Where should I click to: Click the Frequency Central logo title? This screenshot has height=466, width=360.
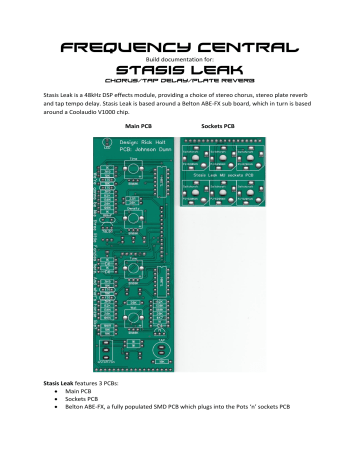180,46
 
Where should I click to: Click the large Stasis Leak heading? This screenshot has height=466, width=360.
180,71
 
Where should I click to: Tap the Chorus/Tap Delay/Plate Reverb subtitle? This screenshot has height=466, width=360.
180,83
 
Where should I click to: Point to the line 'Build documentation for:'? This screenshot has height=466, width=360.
180,58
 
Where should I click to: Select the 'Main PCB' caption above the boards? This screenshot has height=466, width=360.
138,128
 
